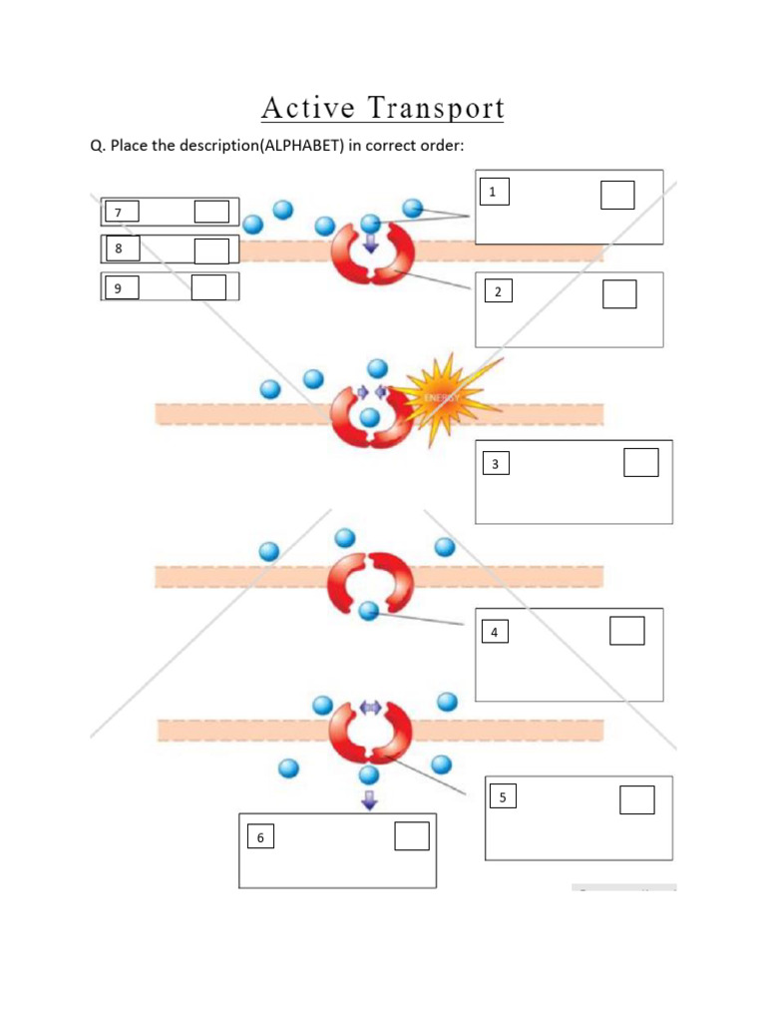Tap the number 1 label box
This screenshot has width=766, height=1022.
pyautogui.click(x=493, y=193)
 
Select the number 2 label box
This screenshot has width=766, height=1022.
pyautogui.click(x=498, y=291)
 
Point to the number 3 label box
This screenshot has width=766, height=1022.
pyautogui.click(x=495, y=464)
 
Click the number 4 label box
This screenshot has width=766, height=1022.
pyautogui.click(x=494, y=632)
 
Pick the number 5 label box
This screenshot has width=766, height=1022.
pyautogui.click(x=503, y=797)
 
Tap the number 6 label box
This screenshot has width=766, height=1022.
pyautogui.click(x=260, y=837)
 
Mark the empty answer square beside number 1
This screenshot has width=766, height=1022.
pyautogui.click(x=617, y=195)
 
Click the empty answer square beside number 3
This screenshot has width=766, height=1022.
pyautogui.click(x=640, y=463)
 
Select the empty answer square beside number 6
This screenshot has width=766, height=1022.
pyautogui.click(x=411, y=836)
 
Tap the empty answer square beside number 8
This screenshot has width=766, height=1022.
pyautogui.click(x=210, y=251)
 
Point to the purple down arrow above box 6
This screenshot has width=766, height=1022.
pyautogui.click(x=370, y=798)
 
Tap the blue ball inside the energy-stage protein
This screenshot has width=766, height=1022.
pyautogui.click(x=370, y=416)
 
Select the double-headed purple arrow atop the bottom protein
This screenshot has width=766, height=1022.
pyautogui.click(x=370, y=707)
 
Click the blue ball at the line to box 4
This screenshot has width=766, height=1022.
pyautogui.click(x=369, y=611)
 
